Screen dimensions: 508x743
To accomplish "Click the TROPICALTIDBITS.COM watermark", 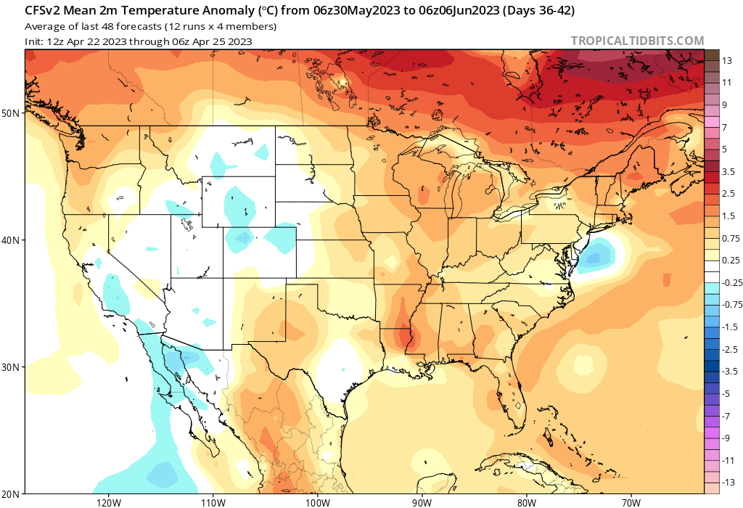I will [x=637, y=41].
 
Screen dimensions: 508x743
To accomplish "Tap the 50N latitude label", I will [x=11, y=113].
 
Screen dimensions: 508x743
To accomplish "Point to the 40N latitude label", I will [x=11, y=240].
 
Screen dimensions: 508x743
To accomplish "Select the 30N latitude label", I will [x=11, y=367].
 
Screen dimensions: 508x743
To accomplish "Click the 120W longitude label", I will [x=107, y=501].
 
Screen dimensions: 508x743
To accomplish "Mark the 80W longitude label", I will [x=526, y=501].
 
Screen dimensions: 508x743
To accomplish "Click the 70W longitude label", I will [x=631, y=501].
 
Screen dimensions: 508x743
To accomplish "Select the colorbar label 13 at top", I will [x=726, y=62].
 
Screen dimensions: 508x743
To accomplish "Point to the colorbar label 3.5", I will [x=728, y=171].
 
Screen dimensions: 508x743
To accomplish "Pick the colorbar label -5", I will [x=726, y=394].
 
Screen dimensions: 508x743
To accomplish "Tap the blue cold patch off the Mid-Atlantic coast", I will [x=597, y=255].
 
